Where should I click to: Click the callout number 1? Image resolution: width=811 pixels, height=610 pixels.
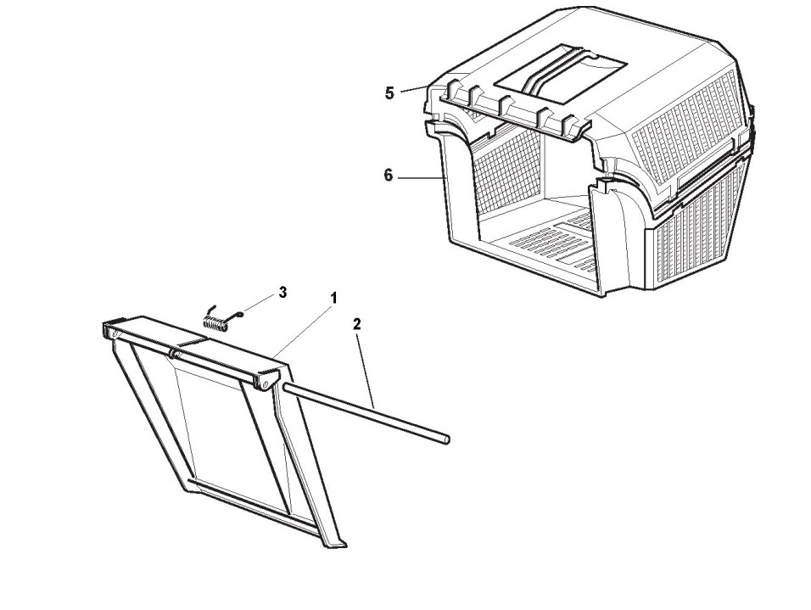click(334, 298)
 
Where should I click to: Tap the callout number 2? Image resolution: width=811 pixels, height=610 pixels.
click(357, 323)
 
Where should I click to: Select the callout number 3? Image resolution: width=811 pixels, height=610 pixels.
click(282, 292)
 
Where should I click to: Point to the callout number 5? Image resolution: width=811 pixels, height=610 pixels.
click(389, 93)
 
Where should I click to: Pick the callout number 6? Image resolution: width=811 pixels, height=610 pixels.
click(388, 176)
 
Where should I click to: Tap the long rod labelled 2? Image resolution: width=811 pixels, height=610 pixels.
click(365, 413)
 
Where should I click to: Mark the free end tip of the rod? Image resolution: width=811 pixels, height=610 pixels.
click(445, 439)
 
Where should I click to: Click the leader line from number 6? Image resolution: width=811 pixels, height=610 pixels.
click(420, 177)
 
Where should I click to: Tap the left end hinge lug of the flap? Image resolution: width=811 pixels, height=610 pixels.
click(109, 331)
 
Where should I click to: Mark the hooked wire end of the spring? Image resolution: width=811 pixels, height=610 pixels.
click(240, 313)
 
